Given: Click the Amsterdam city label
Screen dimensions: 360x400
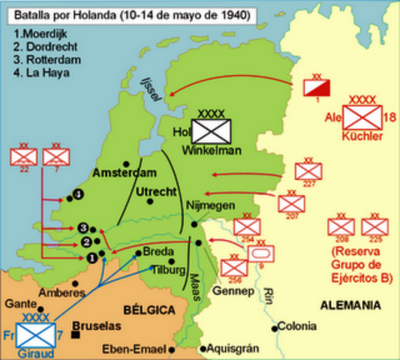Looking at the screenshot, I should (119, 173).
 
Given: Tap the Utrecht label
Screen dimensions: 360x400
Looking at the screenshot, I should (155, 193).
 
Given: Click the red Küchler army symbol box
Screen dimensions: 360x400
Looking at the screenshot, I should (362, 118).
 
